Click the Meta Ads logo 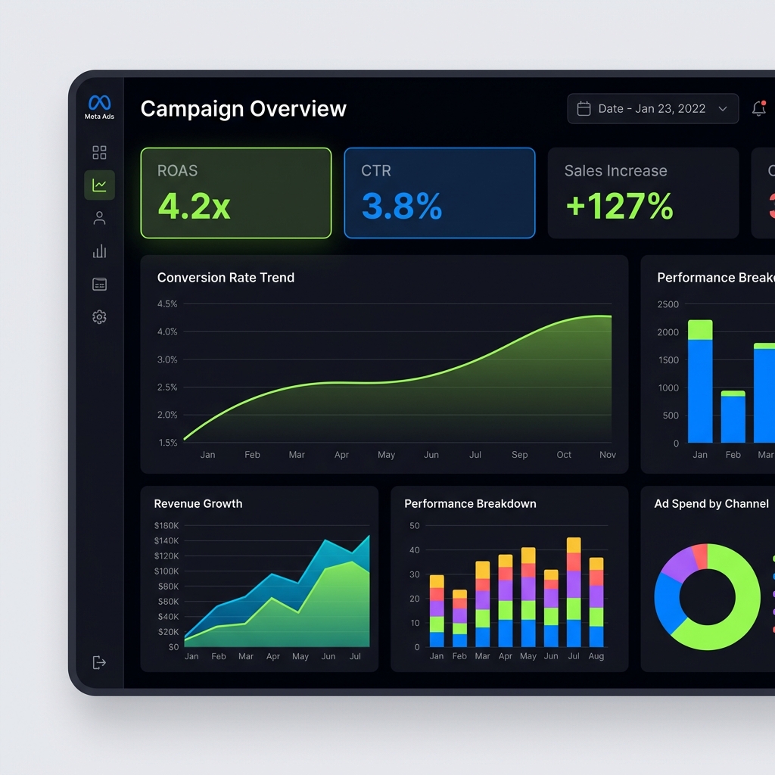[x=99, y=104]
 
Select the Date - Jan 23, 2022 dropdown [x=652, y=109]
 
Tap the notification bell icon [x=758, y=109]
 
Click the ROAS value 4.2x [x=194, y=206]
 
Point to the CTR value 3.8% [x=402, y=206]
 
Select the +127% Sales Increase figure [x=619, y=206]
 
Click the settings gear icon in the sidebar [x=99, y=317]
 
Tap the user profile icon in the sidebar [x=99, y=219]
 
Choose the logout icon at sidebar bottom [x=99, y=662]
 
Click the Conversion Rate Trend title [x=226, y=278]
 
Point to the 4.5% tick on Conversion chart [x=167, y=304]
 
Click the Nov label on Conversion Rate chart [x=608, y=455]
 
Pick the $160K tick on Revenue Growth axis [x=167, y=525]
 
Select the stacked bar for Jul [x=574, y=593]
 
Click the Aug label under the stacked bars [x=596, y=656]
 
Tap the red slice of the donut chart [x=701, y=556]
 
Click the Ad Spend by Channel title [x=711, y=504]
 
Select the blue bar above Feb [x=733, y=419]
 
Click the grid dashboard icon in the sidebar [x=99, y=153]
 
